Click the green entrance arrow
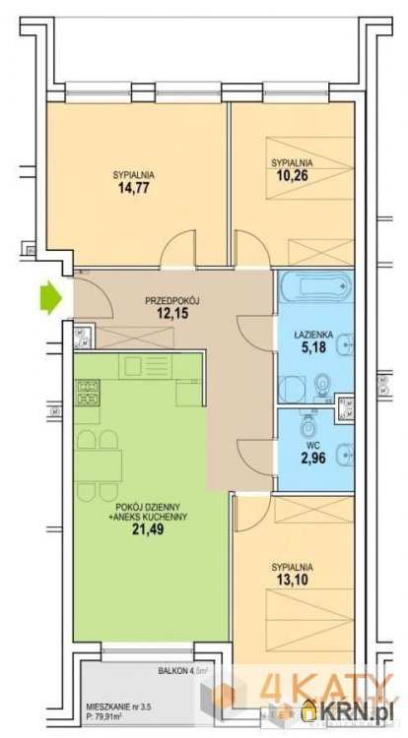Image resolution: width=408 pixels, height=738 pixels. pyautogui.click(x=51, y=297)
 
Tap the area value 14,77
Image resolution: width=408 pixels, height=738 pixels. pyautogui.click(x=133, y=188)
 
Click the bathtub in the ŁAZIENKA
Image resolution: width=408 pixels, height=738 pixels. pyautogui.click(x=315, y=285)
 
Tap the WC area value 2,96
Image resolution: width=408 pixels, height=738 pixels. pyautogui.click(x=313, y=457)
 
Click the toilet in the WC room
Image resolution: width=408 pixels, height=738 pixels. pyautogui.click(x=309, y=426)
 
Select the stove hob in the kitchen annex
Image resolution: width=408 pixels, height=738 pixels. pyautogui.click(x=87, y=394)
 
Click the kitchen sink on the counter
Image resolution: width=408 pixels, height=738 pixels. pyautogui.click(x=141, y=366)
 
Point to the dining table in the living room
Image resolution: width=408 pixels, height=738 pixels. pyautogui.click(x=99, y=466)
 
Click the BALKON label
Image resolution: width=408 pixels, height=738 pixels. pyautogui.click(x=171, y=671)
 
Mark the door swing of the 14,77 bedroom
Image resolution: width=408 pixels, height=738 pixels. pyautogui.click(x=177, y=249)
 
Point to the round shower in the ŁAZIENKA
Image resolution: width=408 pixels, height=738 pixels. pyautogui.click(x=292, y=390)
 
